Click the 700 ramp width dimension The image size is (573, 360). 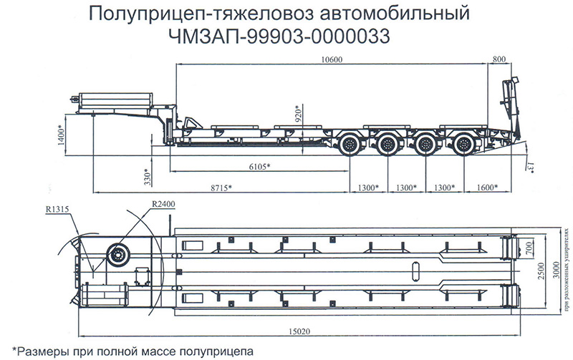click(529, 249)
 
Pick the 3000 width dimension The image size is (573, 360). click(556, 271)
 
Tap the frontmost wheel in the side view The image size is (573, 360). click(351, 145)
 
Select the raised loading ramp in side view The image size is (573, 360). click(510, 107)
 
